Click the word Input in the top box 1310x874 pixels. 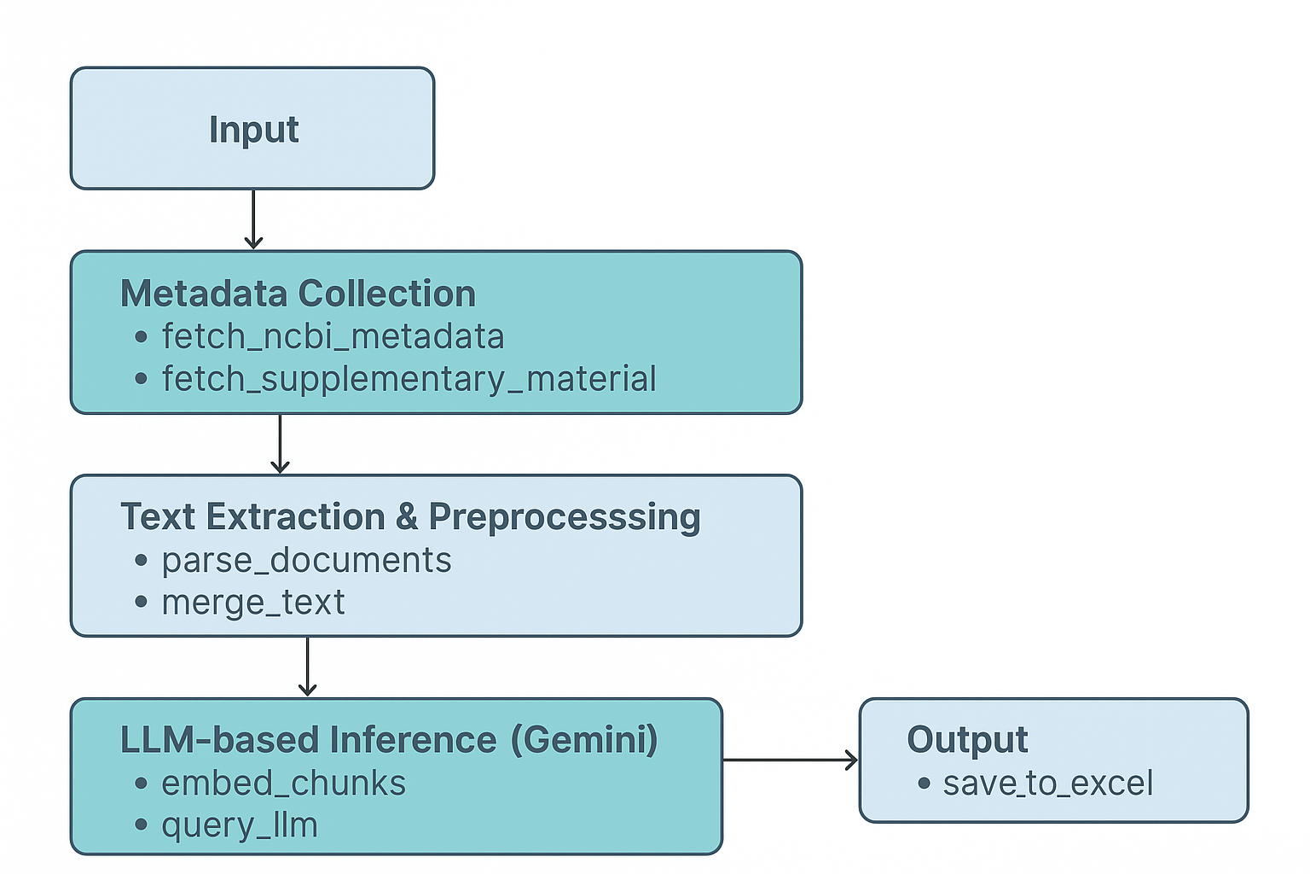tap(253, 130)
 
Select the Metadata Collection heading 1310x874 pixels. tap(298, 294)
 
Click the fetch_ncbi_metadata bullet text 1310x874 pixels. tap(333, 336)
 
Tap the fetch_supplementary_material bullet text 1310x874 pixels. tap(409, 379)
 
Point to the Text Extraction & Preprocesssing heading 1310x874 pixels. tap(410, 517)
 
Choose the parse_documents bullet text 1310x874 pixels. tap(306, 560)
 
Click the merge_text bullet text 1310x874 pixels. tap(253, 603)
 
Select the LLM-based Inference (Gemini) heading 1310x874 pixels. tap(389, 740)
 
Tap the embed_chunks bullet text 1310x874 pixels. tap(283, 784)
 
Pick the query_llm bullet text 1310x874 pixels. tap(240, 825)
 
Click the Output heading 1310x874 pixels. tap(967, 740)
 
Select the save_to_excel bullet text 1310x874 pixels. tap(1047, 784)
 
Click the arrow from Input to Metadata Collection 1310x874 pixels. tap(253, 219)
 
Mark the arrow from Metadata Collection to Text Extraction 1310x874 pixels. tap(280, 444)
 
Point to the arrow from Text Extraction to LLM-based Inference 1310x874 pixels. tap(307, 667)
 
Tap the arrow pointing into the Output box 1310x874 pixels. tap(790, 760)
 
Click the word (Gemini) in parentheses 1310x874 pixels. tap(584, 740)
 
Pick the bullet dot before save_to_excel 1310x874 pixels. tap(924, 783)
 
